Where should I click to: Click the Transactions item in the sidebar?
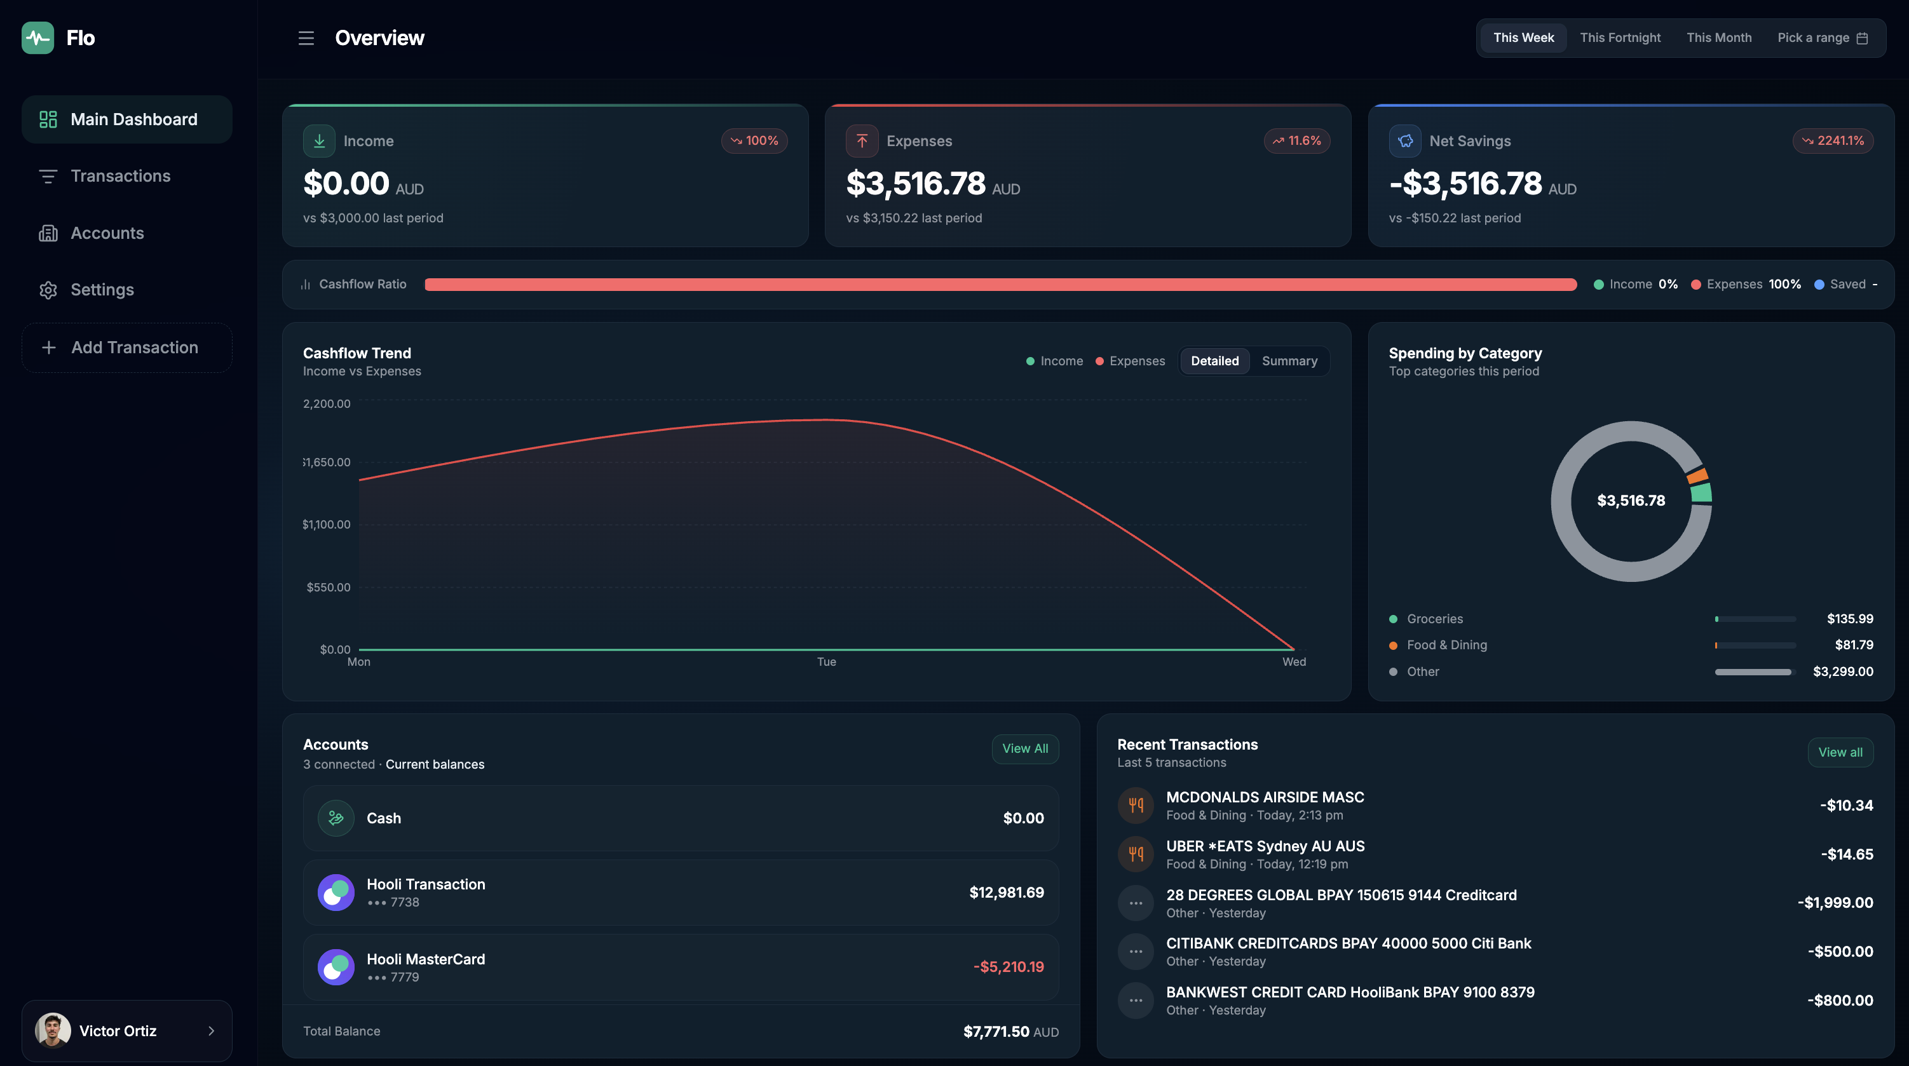pos(120,177)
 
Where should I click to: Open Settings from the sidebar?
pos(102,290)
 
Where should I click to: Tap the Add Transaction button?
pos(126,347)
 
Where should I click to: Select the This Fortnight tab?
pos(1620,37)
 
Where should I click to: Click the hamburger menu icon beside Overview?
pos(306,37)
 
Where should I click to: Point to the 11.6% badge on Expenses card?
pos(1297,141)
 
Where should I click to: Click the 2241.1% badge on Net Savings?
pos(1833,141)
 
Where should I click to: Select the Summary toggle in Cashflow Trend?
pos(1289,361)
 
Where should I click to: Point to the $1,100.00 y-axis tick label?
pos(326,525)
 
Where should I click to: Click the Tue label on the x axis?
pos(826,661)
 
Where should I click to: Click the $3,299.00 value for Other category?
pos(1842,672)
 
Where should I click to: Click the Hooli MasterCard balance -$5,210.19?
pos(1008,967)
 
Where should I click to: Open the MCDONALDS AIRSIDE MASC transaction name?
pos(1265,797)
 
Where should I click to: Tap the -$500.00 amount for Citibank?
pos(1840,951)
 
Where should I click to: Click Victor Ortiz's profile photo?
pos(53,1030)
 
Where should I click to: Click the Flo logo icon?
pos(37,37)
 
